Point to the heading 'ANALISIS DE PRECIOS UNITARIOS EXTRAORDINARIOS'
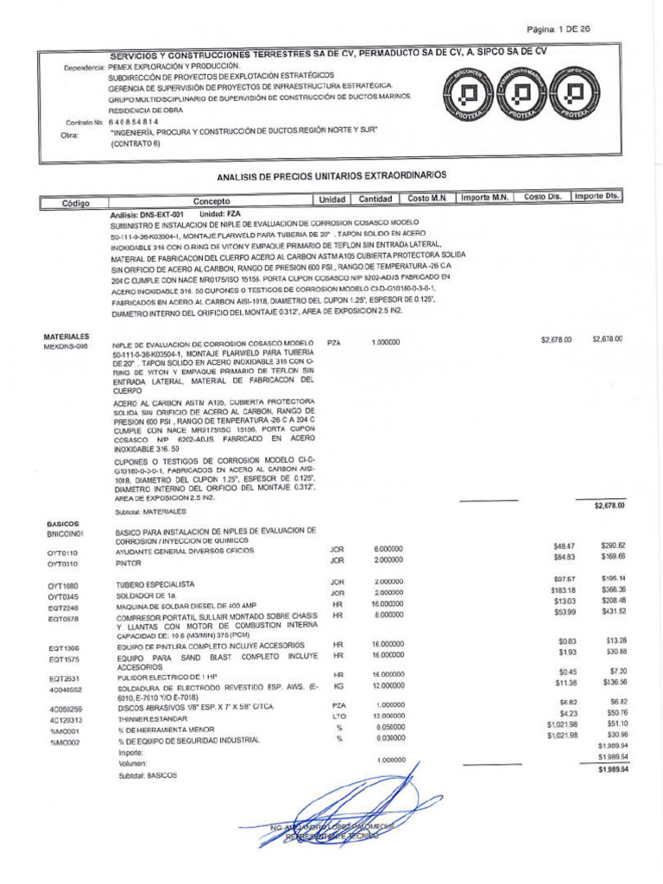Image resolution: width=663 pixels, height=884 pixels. pos(331,175)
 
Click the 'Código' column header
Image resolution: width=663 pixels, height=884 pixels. pos(76,203)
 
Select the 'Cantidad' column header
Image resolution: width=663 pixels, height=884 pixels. pos(376,199)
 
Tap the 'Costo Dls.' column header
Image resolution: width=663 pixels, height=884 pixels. pos(543,198)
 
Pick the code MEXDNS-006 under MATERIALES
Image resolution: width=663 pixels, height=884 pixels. pos(66,346)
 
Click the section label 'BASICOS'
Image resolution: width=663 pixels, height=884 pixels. pos(63,524)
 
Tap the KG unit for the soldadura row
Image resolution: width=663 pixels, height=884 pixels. pos(338,685)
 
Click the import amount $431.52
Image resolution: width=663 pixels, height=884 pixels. pos(614,612)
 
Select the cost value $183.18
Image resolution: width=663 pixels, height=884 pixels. pos(563,590)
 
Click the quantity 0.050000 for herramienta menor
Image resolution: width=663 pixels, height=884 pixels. pos(388,727)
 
